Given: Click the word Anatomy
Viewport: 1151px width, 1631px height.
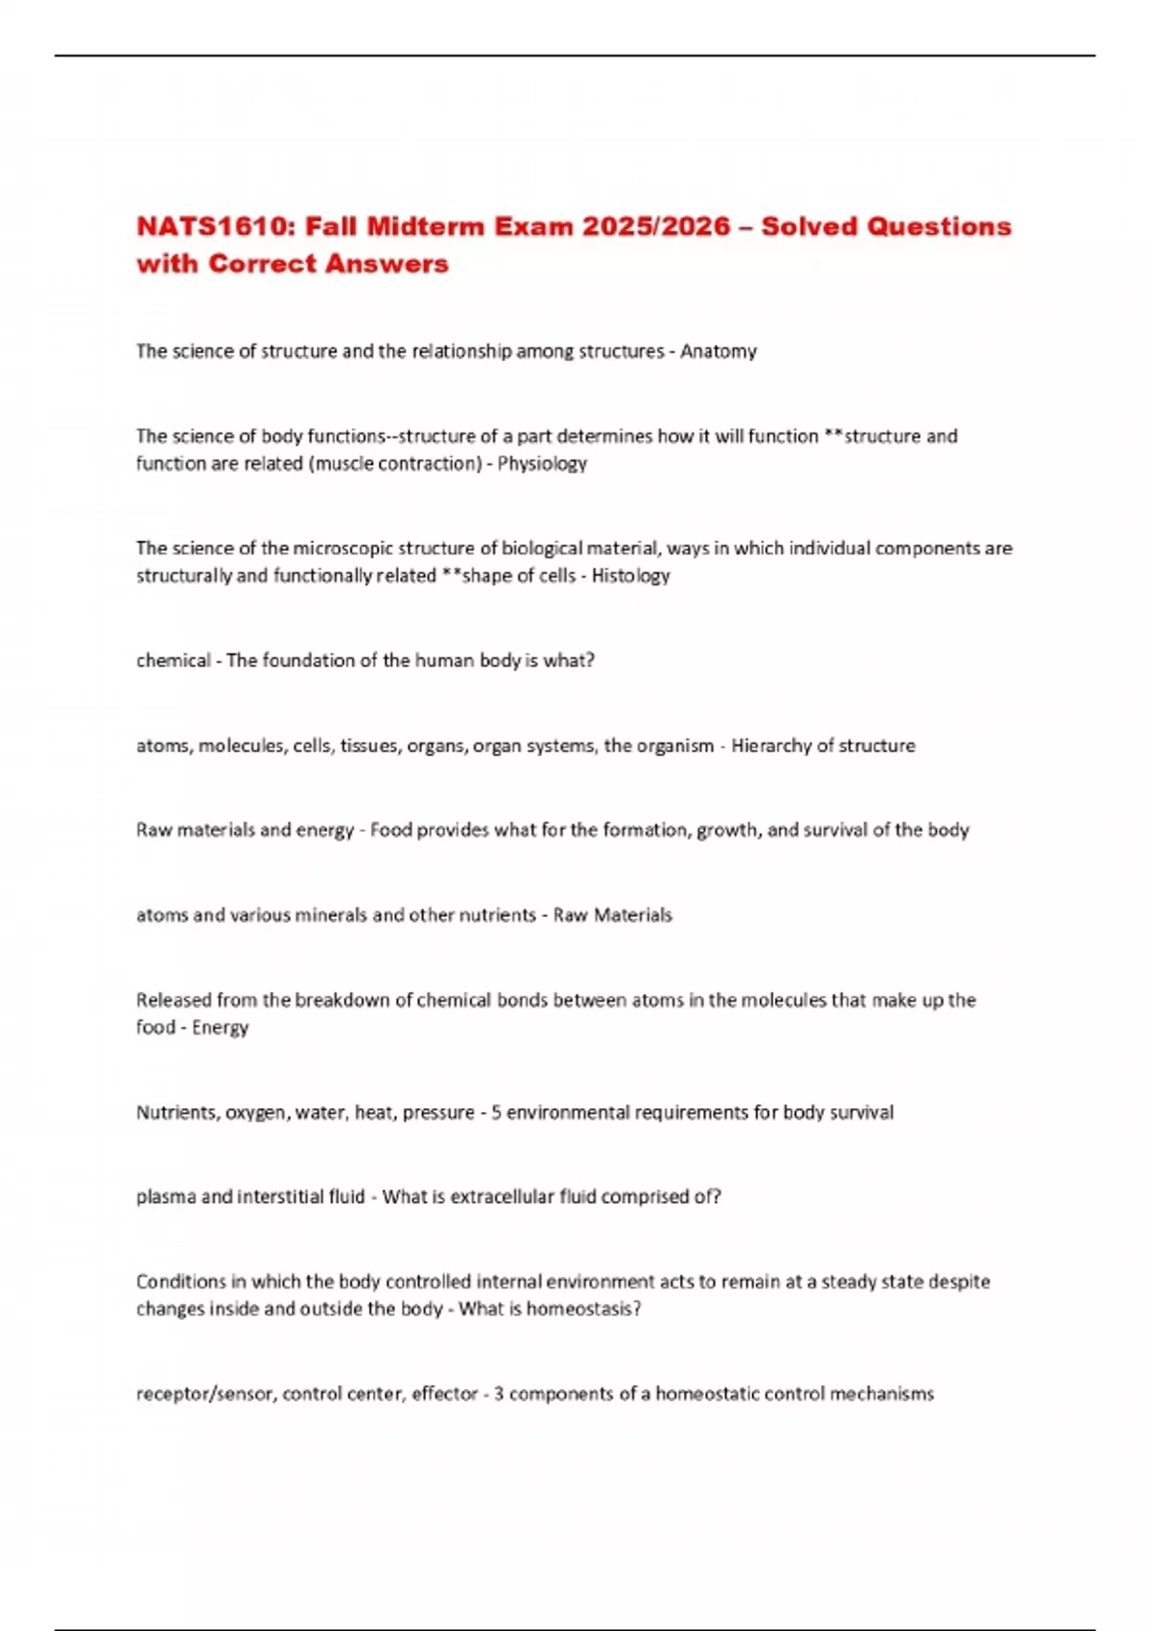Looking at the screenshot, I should pos(718,351).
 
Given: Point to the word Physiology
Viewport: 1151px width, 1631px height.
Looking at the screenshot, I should pos(542,463).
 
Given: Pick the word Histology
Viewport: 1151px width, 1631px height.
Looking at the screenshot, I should pos(630,576).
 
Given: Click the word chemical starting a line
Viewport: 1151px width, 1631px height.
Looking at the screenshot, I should pos(173,660).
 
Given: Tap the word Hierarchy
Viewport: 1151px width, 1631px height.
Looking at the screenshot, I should pos(768,745).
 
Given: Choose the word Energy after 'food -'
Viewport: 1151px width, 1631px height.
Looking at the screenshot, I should pos(220,1028).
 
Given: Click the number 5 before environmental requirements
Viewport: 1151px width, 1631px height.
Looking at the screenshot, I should pos(496,1113).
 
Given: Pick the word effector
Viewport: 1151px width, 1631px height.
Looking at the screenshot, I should pos(444,1394).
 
